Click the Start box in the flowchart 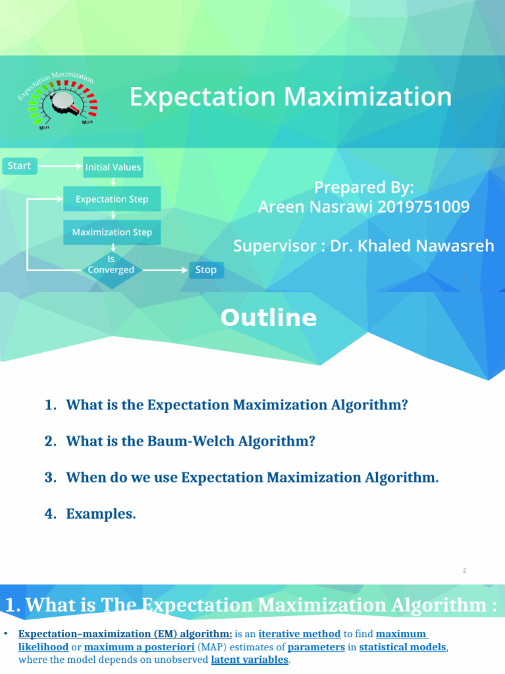click(19, 166)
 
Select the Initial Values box click(112, 167)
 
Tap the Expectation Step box click(112, 199)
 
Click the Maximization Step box click(112, 232)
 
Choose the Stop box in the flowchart click(206, 270)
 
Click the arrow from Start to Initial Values click(59, 167)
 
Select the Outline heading click(268, 318)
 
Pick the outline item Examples click(101, 514)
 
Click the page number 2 click(464, 571)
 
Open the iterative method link click(299, 635)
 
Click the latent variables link click(249, 660)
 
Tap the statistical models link click(403, 647)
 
